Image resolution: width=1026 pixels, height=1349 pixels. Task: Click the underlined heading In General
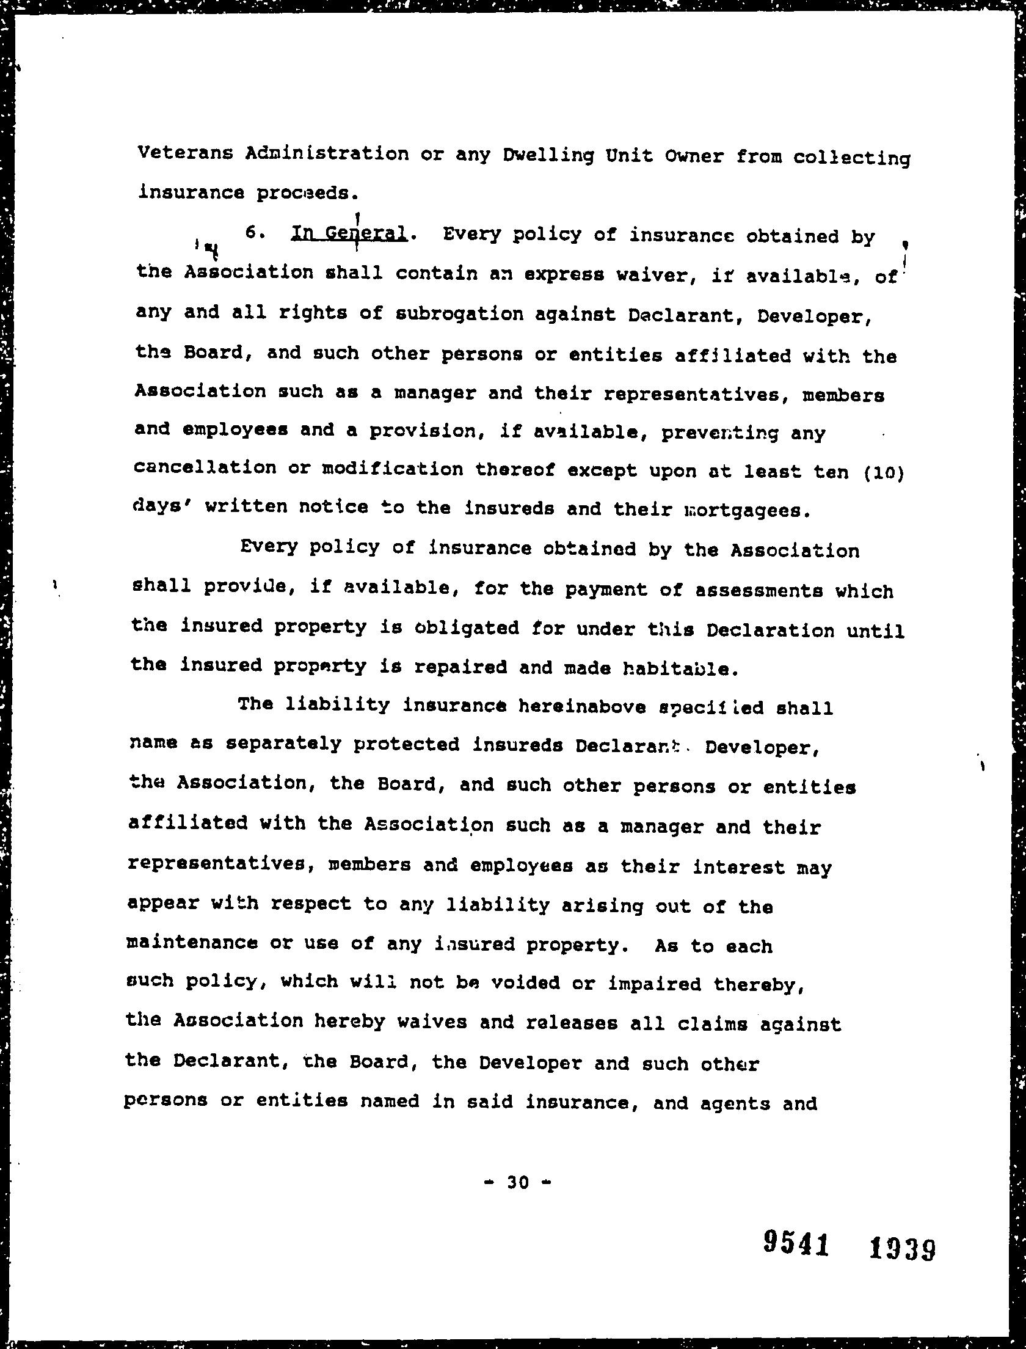(x=349, y=234)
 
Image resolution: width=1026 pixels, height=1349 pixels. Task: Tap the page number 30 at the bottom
(x=518, y=1182)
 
